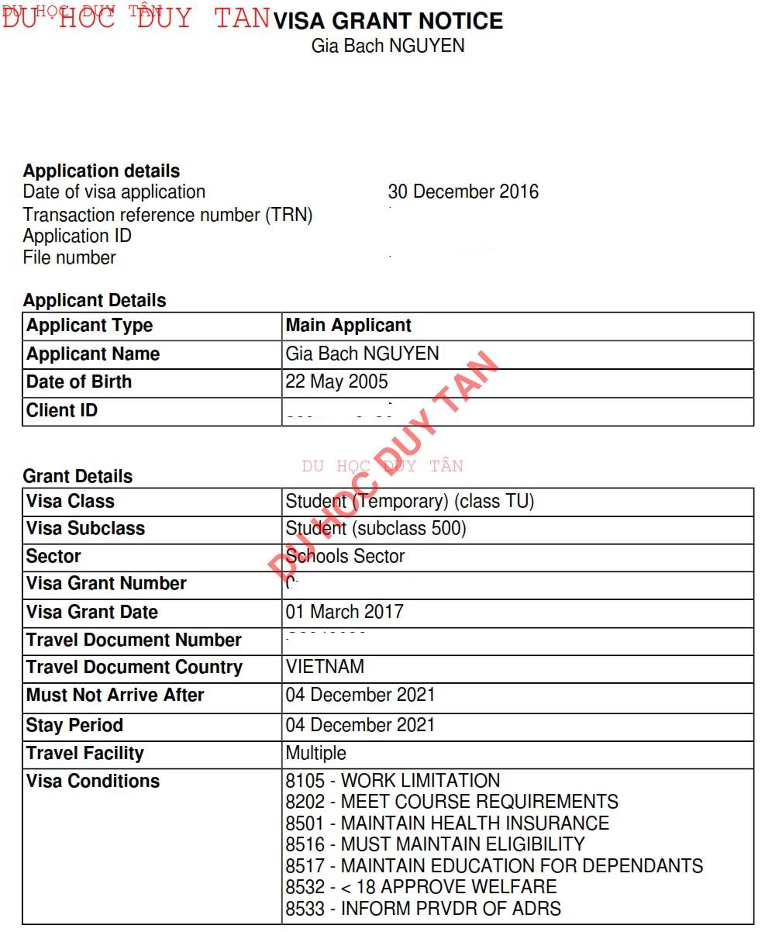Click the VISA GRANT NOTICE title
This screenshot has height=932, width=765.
click(x=388, y=21)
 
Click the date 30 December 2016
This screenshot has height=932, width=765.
click(x=463, y=192)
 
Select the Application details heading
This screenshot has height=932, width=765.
click(x=102, y=171)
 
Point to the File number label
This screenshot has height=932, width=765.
click(x=70, y=257)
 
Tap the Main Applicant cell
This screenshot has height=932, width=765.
click(x=349, y=325)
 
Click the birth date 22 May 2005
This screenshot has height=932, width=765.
click(x=337, y=381)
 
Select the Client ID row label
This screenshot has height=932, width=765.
click(x=62, y=410)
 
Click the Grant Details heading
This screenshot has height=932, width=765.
click(x=78, y=476)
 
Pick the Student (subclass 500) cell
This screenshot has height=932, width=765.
click(x=376, y=528)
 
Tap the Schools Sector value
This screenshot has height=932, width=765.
click(x=345, y=556)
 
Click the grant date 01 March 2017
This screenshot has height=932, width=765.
click(x=345, y=612)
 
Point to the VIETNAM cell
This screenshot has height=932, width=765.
click(x=325, y=667)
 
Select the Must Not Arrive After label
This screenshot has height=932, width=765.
click(x=115, y=695)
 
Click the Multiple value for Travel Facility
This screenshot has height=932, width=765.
click(x=316, y=753)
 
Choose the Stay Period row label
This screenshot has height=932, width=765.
click(x=74, y=725)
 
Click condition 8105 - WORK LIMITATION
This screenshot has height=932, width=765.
click(x=393, y=781)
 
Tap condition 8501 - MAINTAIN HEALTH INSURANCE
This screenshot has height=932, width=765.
click(x=447, y=823)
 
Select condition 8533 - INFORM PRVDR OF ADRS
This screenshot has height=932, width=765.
click(x=423, y=907)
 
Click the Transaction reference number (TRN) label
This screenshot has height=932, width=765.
click(x=167, y=215)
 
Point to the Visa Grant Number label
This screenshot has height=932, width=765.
click(x=106, y=583)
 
